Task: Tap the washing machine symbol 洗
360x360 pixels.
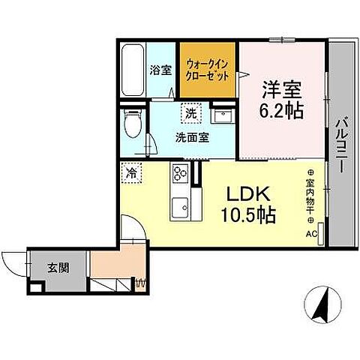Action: coord(192,114)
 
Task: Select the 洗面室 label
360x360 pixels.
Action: coord(192,138)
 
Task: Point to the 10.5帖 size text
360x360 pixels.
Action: coord(248,216)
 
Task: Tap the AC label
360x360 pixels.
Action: coord(310,233)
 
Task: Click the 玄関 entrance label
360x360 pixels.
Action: coord(58,266)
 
